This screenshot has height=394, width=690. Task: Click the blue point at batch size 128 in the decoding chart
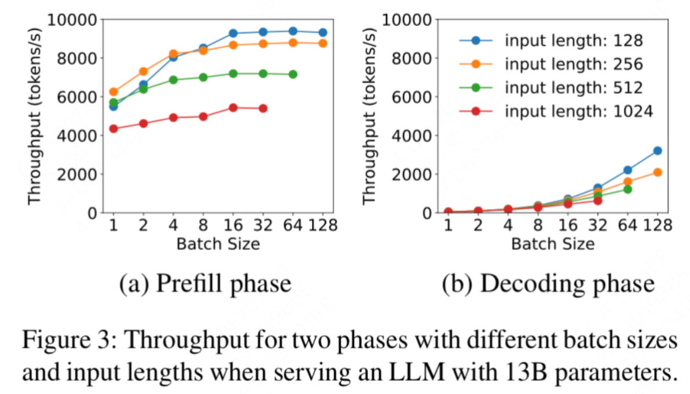658,151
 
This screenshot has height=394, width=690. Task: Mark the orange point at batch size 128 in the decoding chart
658,172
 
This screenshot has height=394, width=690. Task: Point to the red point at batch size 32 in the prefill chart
263,108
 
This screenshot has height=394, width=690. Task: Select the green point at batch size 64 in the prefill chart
293,75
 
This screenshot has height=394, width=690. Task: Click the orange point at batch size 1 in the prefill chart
113,92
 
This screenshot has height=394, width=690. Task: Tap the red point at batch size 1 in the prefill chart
113,129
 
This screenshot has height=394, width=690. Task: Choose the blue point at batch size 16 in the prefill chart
233,34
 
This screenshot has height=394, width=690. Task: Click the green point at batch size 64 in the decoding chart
627,189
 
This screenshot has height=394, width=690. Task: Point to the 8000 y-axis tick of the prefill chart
76,58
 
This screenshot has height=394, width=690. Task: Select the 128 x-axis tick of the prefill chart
322,225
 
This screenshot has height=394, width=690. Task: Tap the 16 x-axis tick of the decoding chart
568,225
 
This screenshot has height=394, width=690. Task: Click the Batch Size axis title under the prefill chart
218,244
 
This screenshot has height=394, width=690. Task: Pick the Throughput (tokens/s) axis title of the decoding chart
370,116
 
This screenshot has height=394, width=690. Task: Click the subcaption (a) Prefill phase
205,283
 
